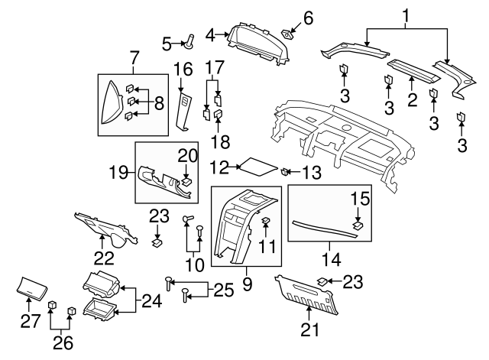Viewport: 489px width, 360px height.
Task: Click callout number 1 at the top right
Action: pyautogui.click(x=406, y=14)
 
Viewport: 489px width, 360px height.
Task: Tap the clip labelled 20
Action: pyautogui.click(x=186, y=181)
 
